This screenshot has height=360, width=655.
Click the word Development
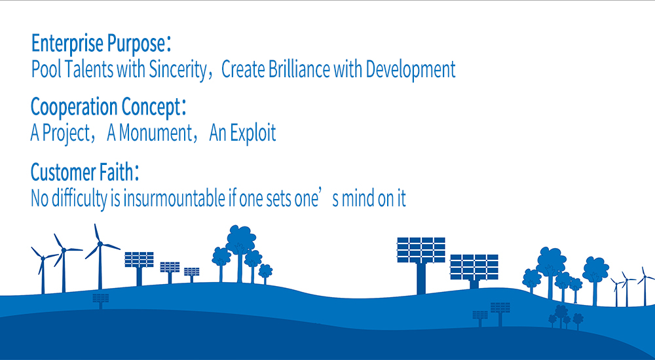(410, 70)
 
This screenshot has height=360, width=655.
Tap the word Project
(66, 134)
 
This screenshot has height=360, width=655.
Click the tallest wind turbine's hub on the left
(100, 243)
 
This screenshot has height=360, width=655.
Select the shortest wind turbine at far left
(43, 270)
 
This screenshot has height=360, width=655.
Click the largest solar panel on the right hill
(421, 250)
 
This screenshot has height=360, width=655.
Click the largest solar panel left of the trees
(139, 259)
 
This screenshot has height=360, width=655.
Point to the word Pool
(47, 69)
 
